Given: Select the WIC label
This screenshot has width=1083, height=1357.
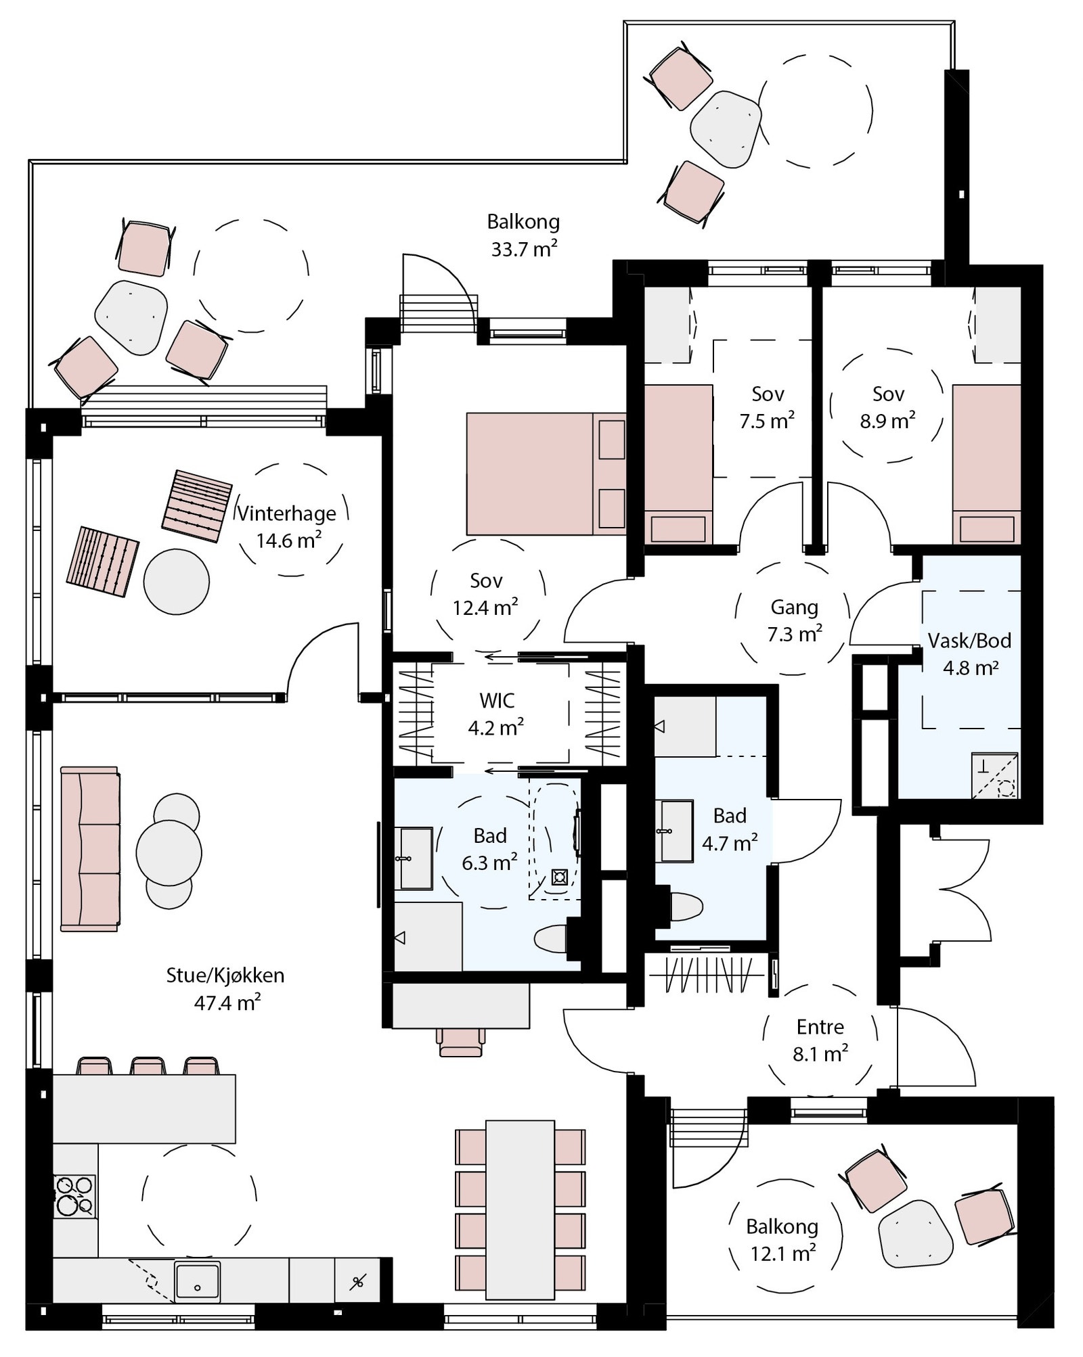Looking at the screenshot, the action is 497,700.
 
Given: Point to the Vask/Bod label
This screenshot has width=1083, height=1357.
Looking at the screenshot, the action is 969,641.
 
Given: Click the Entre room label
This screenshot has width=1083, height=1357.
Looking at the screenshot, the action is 820,1027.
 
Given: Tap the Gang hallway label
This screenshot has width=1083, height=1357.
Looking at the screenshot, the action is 794,607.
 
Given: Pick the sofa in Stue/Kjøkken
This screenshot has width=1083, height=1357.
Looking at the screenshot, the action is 90,849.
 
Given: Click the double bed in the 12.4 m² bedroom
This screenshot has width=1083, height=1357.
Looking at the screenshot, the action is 546,474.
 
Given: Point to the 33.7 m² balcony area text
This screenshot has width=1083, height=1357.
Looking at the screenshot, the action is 525,249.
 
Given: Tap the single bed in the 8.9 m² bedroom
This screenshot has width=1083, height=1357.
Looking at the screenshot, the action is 986,464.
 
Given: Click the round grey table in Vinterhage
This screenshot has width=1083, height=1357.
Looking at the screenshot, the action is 177,582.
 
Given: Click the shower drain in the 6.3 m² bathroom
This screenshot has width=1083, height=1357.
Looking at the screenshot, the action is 559,877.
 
